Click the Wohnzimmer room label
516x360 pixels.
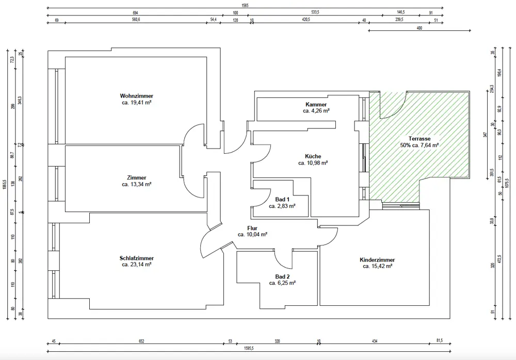click(136, 96)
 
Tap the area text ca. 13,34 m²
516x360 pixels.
click(136, 184)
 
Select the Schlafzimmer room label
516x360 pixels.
click(136, 258)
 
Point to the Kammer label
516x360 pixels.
click(316, 104)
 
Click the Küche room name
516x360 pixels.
click(313, 156)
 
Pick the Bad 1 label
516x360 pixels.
click(282, 199)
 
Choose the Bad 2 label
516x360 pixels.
click(282, 276)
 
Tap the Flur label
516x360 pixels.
click(252, 228)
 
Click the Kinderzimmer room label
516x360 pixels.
click(377, 260)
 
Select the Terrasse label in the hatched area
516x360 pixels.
click(419, 139)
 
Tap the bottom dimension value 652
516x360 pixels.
click(141, 341)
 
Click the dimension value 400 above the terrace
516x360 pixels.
click(419, 28)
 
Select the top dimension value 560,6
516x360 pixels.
click(136, 20)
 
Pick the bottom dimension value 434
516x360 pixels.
click(375, 341)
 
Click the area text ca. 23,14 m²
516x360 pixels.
click(136, 265)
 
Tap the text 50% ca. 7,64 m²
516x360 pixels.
click(419, 145)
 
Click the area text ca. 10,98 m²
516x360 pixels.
click(313, 163)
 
